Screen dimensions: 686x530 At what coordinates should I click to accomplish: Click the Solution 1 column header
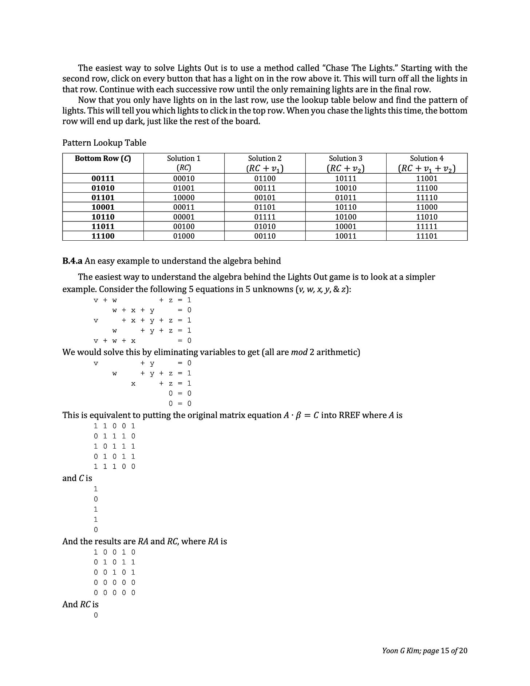click(183, 163)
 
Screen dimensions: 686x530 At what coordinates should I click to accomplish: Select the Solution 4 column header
click(427, 163)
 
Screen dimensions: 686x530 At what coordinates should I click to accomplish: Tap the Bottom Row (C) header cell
click(103, 158)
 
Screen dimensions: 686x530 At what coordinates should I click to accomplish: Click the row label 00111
click(103, 178)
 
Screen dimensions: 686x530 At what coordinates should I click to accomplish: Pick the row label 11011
click(103, 226)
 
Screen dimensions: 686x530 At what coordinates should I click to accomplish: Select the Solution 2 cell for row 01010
click(265, 188)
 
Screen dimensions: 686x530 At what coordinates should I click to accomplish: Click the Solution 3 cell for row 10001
click(345, 207)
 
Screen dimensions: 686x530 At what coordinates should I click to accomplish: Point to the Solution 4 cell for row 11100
click(427, 236)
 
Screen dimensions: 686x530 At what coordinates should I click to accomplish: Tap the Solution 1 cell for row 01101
click(183, 197)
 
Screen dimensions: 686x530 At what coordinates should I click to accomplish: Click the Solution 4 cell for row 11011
click(427, 226)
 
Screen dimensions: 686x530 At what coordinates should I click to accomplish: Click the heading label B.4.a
click(72, 261)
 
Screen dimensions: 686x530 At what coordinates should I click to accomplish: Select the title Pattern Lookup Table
click(104, 143)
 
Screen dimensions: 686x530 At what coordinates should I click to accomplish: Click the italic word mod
click(299, 352)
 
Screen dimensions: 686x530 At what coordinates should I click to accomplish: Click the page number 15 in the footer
click(444, 650)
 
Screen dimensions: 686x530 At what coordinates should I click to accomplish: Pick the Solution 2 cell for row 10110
click(265, 217)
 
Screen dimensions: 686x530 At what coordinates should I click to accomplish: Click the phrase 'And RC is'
click(80, 604)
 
